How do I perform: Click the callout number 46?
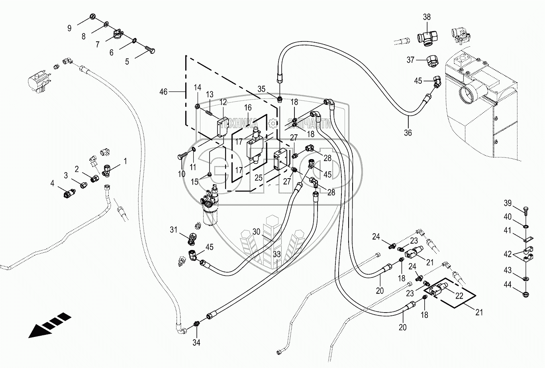click(x=163, y=92)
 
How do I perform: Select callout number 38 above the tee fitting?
click(x=427, y=17)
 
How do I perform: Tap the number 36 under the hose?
click(x=408, y=133)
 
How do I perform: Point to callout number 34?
click(x=196, y=342)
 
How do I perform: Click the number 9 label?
click(x=69, y=28)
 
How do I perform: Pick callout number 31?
click(x=173, y=230)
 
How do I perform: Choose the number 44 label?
click(x=508, y=284)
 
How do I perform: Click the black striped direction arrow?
click(x=50, y=325)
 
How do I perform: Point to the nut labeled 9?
click(x=92, y=17)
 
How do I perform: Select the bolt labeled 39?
click(x=525, y=211)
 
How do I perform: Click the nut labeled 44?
click(x=526, y=294)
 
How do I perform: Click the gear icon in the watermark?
click(x=273, y=124)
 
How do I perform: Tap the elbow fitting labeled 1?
click(x=106, y=170)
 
